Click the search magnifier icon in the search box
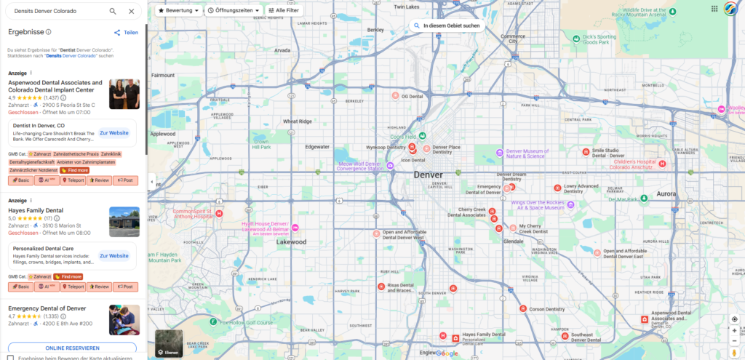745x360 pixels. tap(113, 12)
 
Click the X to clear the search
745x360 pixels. tap(131, 12)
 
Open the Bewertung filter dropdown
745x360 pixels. tap(178, 11)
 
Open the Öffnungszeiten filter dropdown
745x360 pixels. tap(231, 11)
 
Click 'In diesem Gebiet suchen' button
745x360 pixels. tap(447, 25)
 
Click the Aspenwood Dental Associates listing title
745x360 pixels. tap(55, 86)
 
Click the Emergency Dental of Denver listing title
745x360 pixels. tap(47, 309)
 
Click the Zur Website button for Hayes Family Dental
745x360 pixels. tap(113, 256)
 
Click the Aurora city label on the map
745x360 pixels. tap(666, 194)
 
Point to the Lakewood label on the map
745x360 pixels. tap(291, 241)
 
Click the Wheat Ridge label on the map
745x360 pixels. tap(297, 121)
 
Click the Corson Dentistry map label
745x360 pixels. tap(547, 309)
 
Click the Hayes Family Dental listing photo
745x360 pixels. tap(124, 222)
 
